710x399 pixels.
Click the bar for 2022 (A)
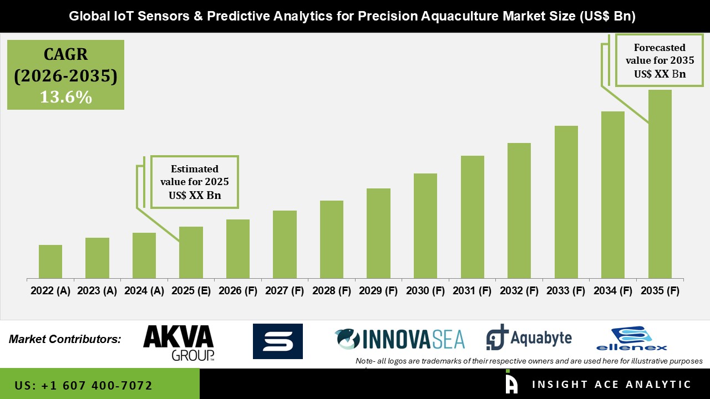pyautogui.click(x=50, y=261)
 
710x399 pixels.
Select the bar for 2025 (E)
pyautogui.click(x=191, y=252)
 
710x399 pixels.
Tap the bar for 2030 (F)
pyautogui.click(x=425, y=226)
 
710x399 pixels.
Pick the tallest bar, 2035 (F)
pyautogui.click(x=660, y=183)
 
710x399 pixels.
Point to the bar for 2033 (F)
pyautogui.click(x=566, y=202)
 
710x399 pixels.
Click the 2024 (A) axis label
pyautogui.click(x=144, y=291)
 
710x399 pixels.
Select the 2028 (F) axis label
pyautogui.click(x=332, y=291)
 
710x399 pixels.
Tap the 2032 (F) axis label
pyautogui.click(x=519, y=291)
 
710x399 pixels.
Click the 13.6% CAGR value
pyautogui.click(x=65, y=97)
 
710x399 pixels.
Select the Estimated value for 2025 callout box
pyautogui.click(x=194, y=182)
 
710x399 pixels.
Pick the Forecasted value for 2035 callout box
pyautogui.click(x=655, y=60)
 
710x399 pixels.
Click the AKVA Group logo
pyautogui.click(x=179, y=342)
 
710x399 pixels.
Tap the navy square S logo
pyautogui.click(x=277, y=341)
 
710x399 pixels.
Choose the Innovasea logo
pyautogui.click(x=400, y=339)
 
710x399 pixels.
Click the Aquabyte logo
pyautogui.click(x=529, y=337)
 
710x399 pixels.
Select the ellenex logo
pyautogui.click(x=631, y=339)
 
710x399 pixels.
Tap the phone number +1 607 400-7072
pyautogui.click(x=83, y=385)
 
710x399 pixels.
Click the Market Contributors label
pyautogui.click(x=65, y=339)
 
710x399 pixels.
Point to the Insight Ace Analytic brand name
pyautogui.click(x=611, y=385)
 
